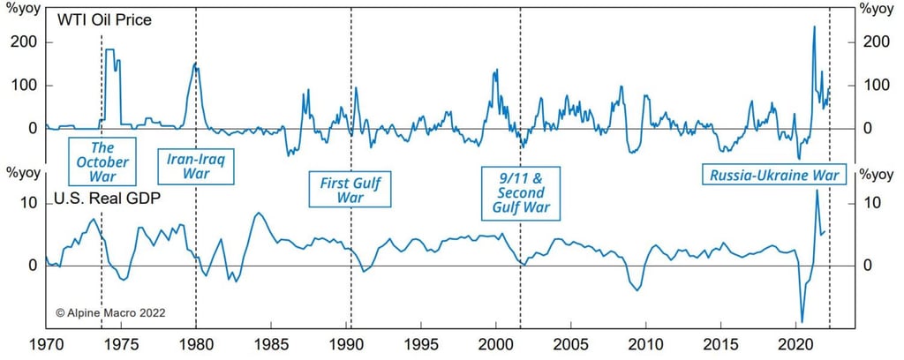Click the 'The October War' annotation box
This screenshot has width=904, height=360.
tap(102, 161)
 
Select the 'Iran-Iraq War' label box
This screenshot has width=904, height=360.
tap(196, 166)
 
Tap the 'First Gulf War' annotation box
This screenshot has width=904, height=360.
tap(350, 189)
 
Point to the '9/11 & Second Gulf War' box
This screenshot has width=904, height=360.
tap(521, 192)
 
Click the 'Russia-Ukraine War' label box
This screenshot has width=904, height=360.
tap(773, 175)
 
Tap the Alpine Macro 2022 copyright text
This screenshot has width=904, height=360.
tap(110, 312)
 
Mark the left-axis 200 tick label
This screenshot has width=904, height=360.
tap(24, 42)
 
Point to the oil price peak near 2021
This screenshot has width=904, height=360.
tap(813, 27)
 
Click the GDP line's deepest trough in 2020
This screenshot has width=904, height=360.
tap(802, 322)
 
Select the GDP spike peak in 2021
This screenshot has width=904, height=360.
tap(817, 191)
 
